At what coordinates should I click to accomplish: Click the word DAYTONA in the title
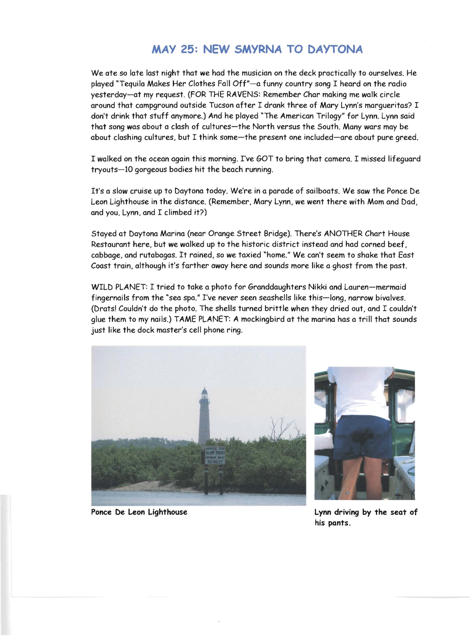click(x=335, y=49)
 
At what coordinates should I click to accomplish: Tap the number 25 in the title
click(x=189, y=49)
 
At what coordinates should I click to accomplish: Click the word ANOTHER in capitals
click(x=343, y=234)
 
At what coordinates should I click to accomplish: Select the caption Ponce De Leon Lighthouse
click(x=139, y=512)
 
